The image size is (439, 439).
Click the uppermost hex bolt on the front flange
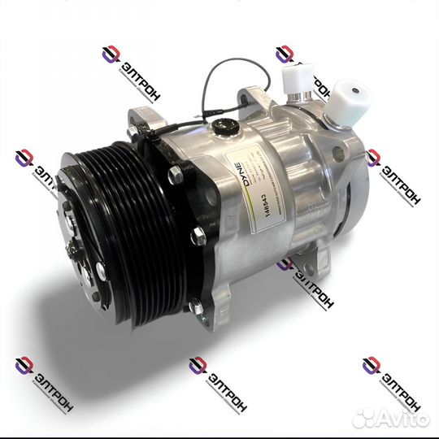click(x=174, y=174)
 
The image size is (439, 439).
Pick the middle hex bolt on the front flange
click(x=197, y=237)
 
